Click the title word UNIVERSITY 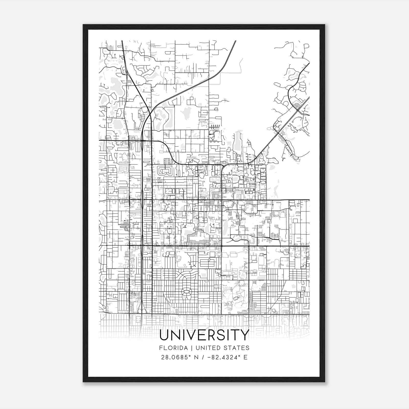(204, 335)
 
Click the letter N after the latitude (196, 357)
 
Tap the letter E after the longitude (245, 357)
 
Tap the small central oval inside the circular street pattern (186, 291)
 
